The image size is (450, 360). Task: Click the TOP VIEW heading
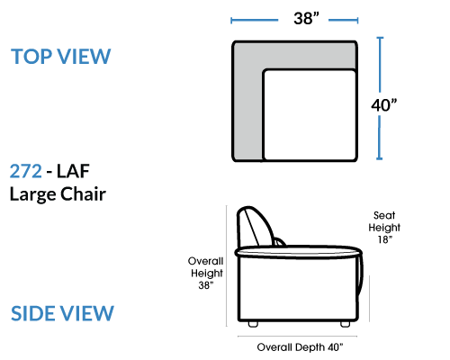point(61,56)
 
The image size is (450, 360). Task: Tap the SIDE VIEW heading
point(62,313)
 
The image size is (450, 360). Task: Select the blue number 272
point(26,171)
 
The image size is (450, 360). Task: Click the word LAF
point(73,171)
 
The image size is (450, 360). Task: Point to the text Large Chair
point(58,194)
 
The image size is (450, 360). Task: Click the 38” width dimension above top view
point(306,18)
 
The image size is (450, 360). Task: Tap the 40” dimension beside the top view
point(384,105)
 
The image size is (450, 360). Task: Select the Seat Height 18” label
point(384,228)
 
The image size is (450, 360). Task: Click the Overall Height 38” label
point(206,273)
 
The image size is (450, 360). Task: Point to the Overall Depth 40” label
point(300,347)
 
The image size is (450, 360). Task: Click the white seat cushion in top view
point(310,114)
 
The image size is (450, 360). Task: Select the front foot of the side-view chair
point(346,324)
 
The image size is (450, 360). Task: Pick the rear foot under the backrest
point(253,324)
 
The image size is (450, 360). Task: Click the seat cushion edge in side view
point(299,252)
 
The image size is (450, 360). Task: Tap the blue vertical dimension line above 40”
point(380,65)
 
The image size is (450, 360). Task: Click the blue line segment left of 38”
point(255,21)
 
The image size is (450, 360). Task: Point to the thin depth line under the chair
point(297,337)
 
